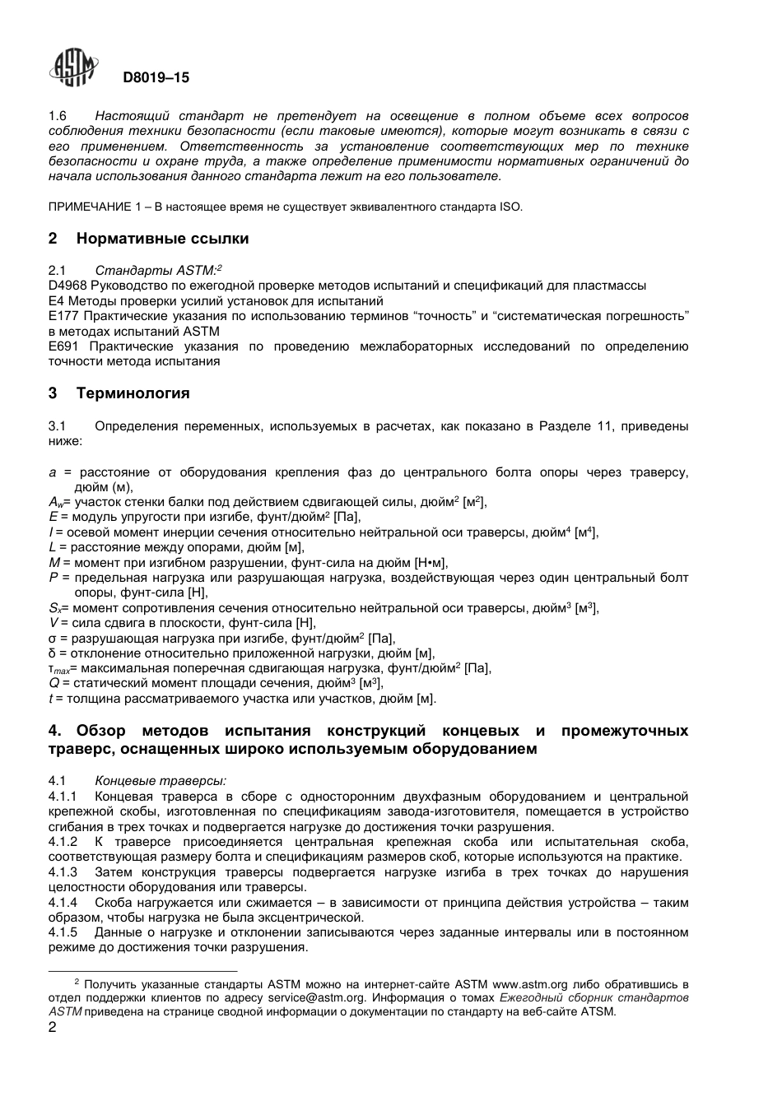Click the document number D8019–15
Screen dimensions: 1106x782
156,78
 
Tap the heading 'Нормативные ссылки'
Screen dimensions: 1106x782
162,239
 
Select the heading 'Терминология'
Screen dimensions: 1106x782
133,393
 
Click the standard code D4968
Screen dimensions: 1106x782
67,286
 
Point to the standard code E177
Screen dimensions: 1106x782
64,316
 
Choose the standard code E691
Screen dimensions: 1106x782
64,346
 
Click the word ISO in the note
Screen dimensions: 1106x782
510,207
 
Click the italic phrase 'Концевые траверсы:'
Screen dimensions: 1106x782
161,781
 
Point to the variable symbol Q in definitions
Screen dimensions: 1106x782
54,683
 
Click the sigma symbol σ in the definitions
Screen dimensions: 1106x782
53,638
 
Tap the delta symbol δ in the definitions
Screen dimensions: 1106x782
53,653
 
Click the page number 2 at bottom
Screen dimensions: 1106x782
53,1028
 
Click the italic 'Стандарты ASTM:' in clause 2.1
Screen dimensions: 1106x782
156,270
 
